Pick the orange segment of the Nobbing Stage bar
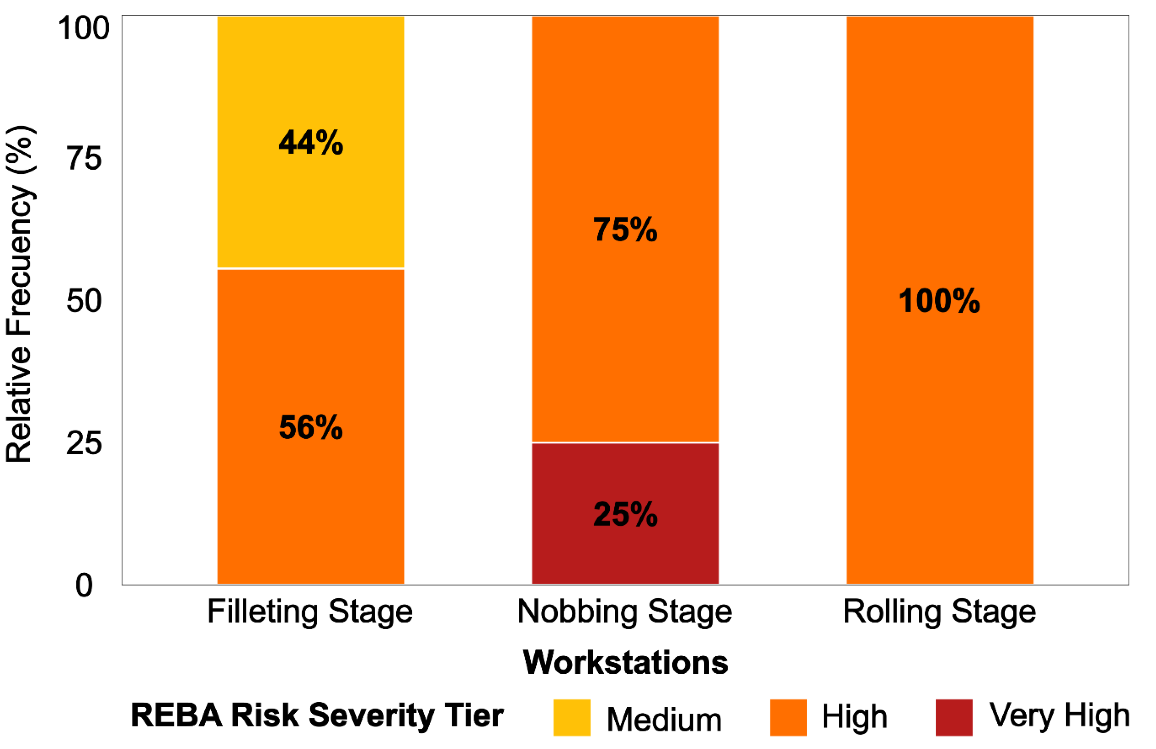point(625,229)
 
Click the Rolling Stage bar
point(940,300)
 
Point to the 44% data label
point(311,143)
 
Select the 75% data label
point(625,229)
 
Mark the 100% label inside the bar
point(939,301)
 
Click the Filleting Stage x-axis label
point(310,612)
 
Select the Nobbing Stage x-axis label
point(625,612)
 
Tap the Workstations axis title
point(625,662)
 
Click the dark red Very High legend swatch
point(954,717)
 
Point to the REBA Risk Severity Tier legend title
point(317,716)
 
